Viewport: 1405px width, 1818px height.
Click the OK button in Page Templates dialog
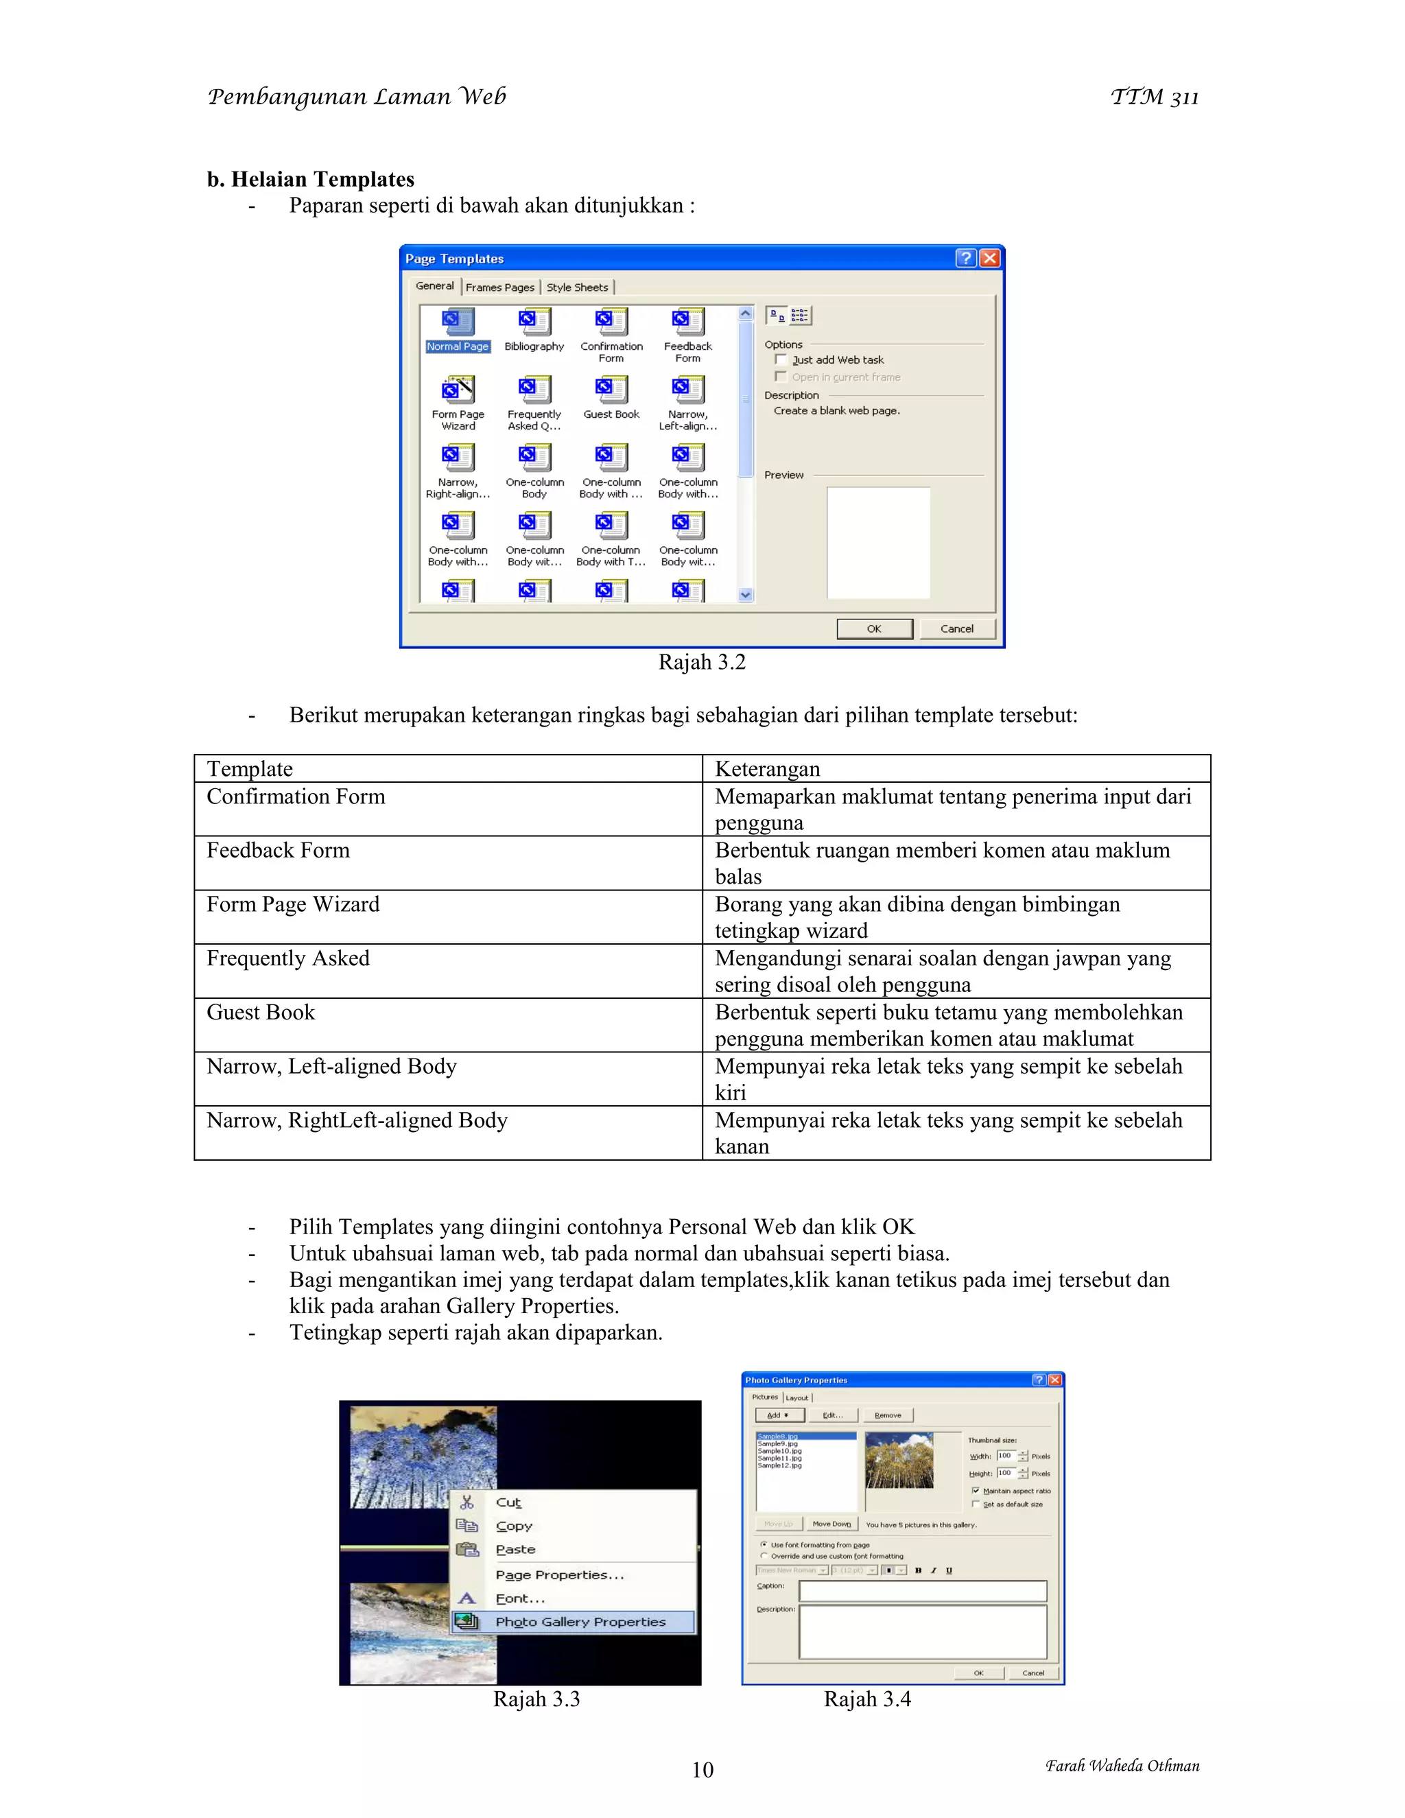[x=874, y=628]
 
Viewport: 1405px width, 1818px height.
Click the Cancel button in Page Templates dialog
[x=956, y=628]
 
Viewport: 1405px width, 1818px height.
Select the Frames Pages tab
[x=499, y=287]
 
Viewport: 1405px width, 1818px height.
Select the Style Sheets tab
[x=577, y=287]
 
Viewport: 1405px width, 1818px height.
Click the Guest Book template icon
[x=611, y=390]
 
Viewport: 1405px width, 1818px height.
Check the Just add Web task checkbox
[x=781, y=359]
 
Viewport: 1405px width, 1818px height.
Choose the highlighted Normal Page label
[x=458, y=346]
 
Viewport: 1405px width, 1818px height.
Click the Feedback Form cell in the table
[x=278, y=850]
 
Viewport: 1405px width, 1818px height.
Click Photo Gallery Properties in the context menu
[x=580, y=1622]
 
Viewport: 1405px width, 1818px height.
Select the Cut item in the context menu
[x=508, y=1502]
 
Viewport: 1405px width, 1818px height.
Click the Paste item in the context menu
[x=515, y=1549]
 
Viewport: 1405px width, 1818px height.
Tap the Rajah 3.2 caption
[x=702, y=663]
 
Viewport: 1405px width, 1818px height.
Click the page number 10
[x=702, y=1770]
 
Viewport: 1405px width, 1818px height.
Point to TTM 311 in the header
[x=1155, y=97]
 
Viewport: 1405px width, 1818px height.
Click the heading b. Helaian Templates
[x=311, y=179]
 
